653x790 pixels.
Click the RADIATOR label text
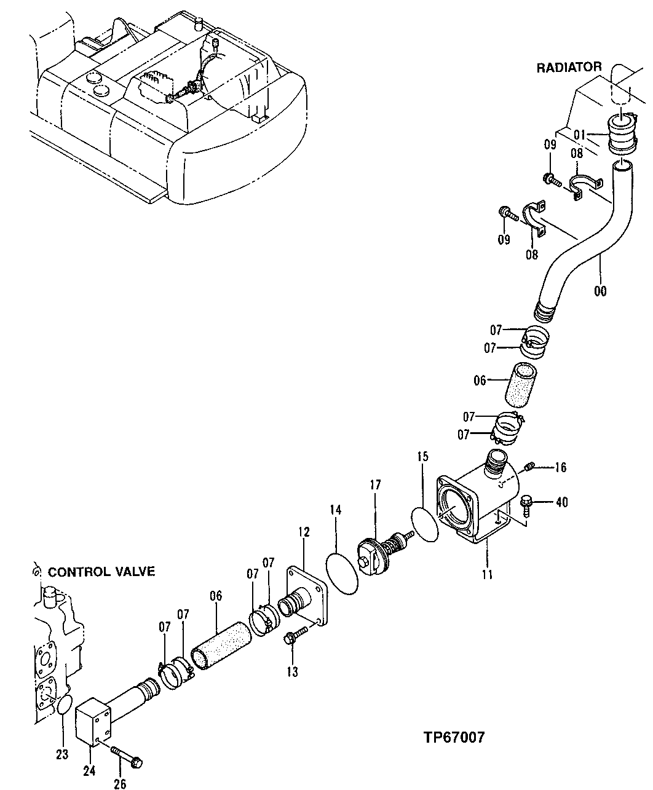coord(569,68)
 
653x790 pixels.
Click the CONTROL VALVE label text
coord(101,572)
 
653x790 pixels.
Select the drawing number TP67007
coord(453,737)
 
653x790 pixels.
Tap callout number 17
coord(376,484)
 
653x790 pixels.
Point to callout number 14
coord(335,510)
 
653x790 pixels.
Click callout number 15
coord(422,457)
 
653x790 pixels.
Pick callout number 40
coord(561,502)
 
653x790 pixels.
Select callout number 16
coord(560,468)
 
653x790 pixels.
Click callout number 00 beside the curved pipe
coord(600,291)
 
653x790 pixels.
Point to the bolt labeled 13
coord(295,636)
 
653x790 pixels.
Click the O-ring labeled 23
coord(63,706)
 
